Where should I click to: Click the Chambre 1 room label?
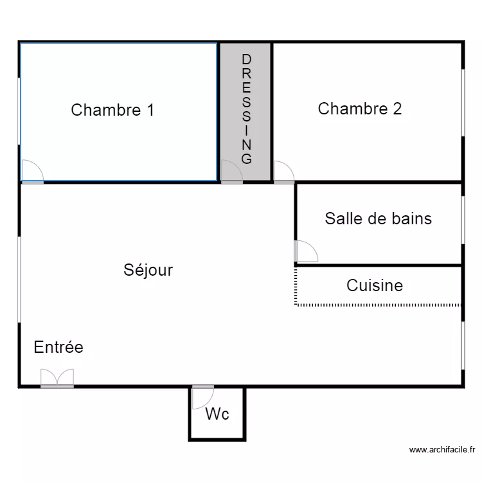[x=112, y=110]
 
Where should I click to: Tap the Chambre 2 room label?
[x=360, y=109]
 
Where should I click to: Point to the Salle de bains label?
[x=378, y=219]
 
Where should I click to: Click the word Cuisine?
[x=375, y=285]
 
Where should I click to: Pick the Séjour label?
[x=148, y=270]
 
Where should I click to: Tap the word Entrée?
[x=58, y=347]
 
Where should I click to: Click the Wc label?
[x=217, y=415]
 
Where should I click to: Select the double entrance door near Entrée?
[x=57, y=379]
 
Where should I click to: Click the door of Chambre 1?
[x=32, y=172]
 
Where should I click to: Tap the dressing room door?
[x=231, y=172]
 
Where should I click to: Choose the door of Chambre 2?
[x=283, y=172]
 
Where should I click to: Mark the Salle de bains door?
[x=306, y=251]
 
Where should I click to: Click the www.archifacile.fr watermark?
[x=442, y=450]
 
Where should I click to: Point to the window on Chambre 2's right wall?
[x=462, y=103]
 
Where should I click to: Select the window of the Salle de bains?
[x=462, y=219]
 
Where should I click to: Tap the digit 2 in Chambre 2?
[x=397, y=109]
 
